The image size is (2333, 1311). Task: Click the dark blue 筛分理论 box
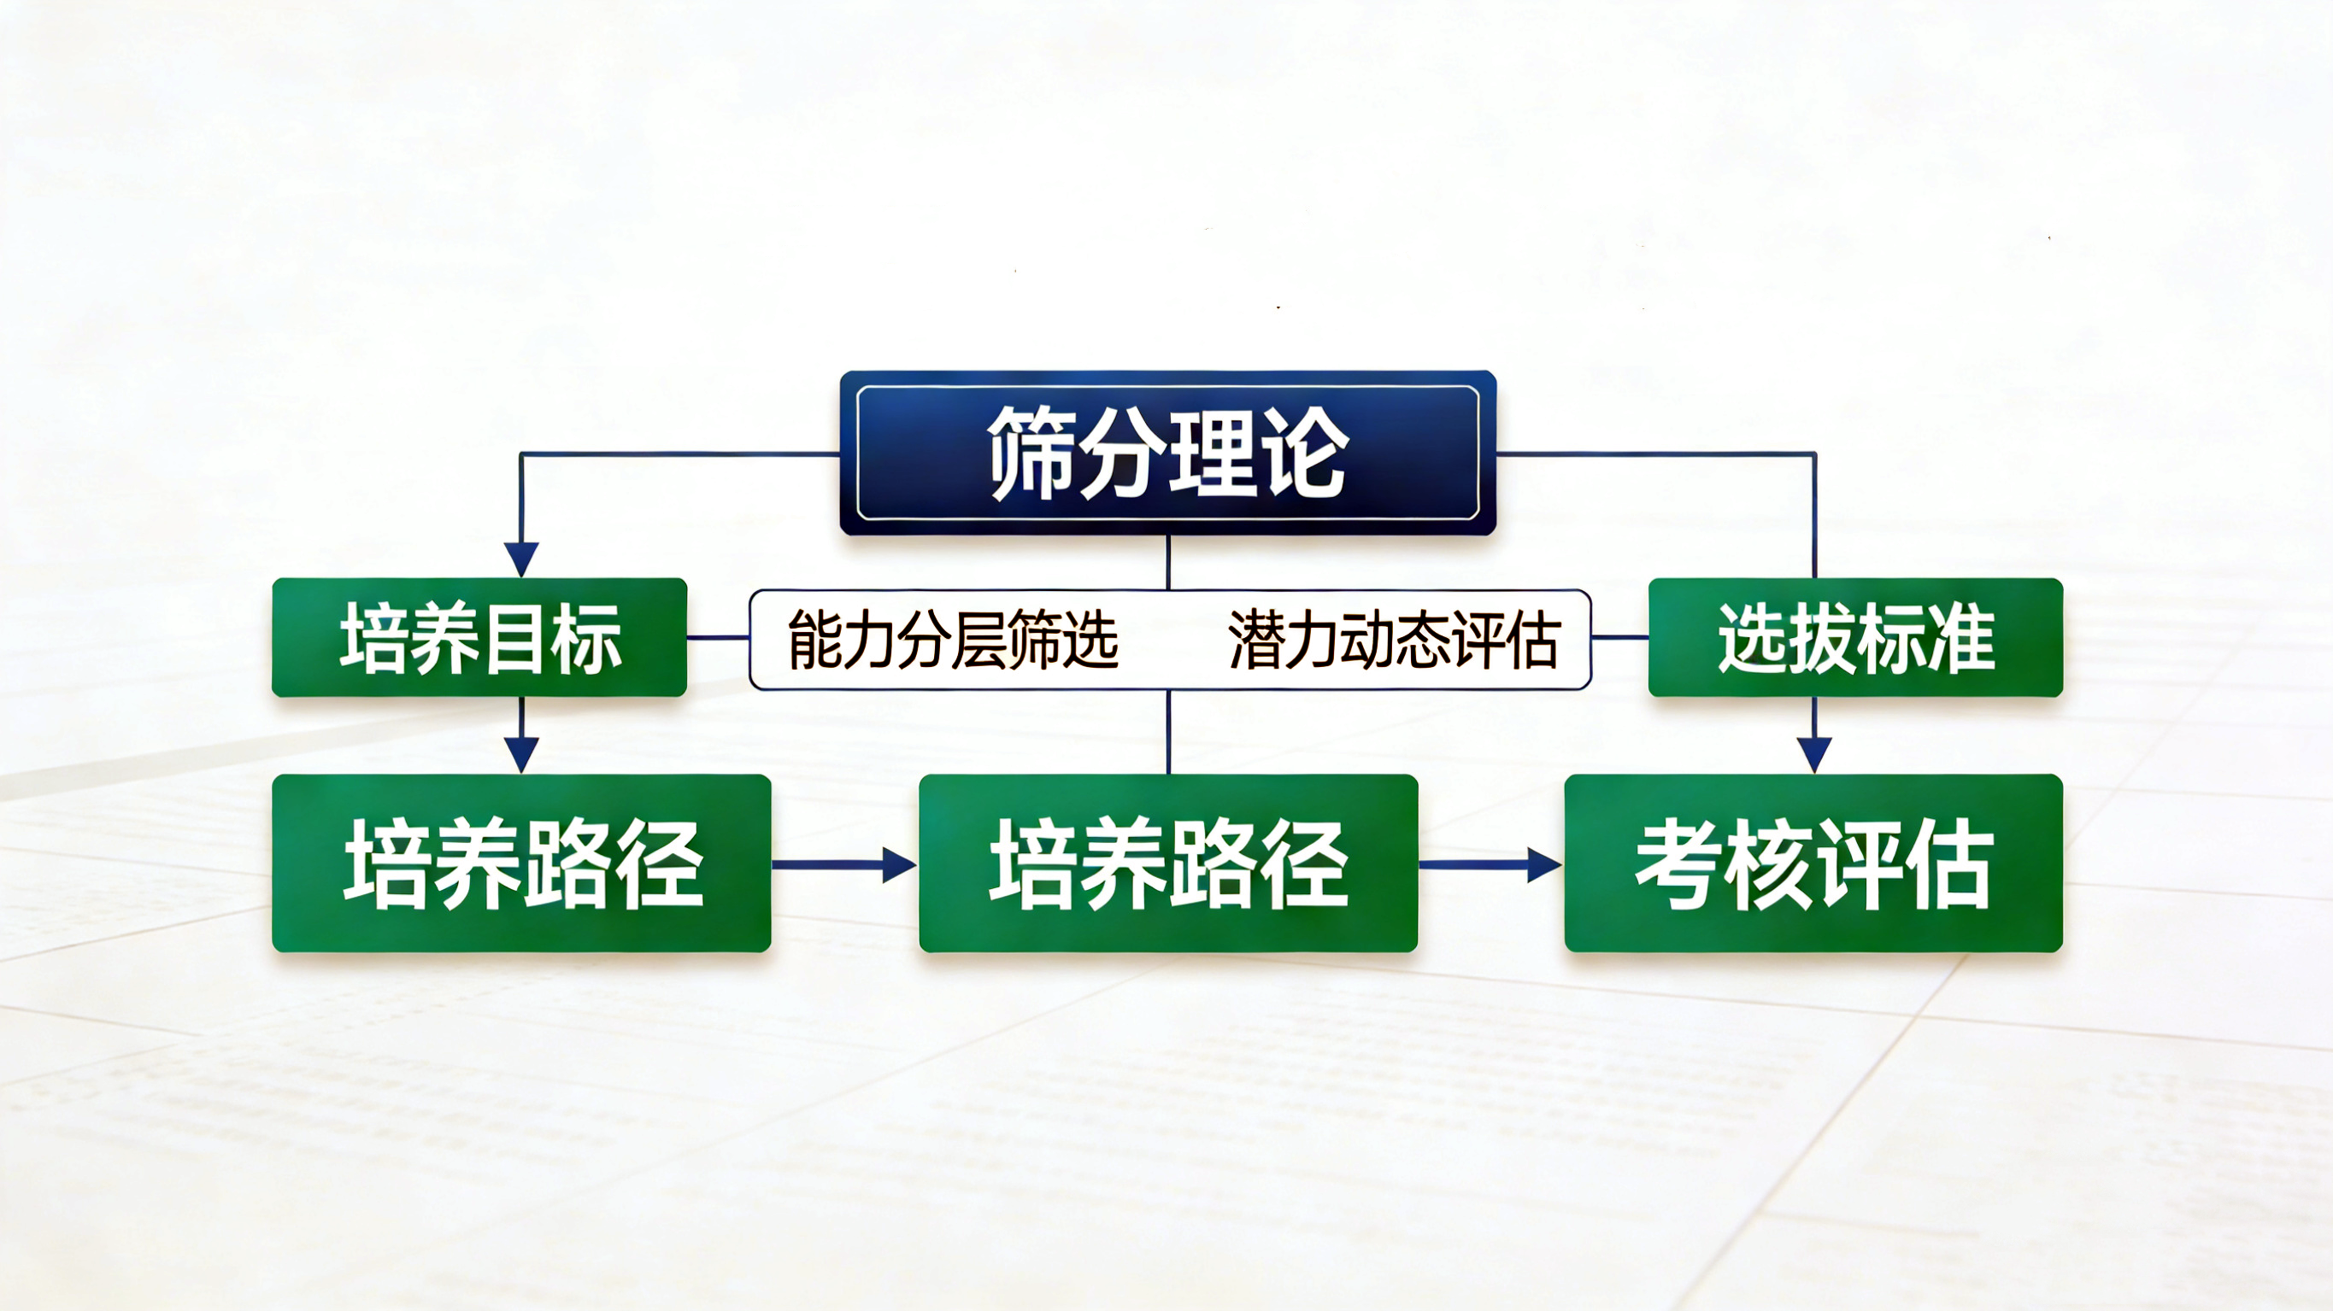point(1167,453)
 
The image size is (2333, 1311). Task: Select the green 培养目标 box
point(479,637)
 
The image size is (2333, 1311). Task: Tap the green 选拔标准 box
point(1855,637)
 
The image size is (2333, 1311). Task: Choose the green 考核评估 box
point(1814,863)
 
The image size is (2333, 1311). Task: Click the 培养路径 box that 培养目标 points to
point(521,863)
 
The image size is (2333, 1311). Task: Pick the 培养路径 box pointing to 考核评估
point(1168,863)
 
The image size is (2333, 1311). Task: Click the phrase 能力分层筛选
point(953,639)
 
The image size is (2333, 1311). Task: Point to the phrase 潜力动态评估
point(1394,639)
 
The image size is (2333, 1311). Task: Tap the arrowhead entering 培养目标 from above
point(520,559)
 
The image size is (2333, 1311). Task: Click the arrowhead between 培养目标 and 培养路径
point(520,755)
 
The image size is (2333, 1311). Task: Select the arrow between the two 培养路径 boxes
point(844,864)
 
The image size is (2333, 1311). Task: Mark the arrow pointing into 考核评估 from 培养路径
point(1490,864)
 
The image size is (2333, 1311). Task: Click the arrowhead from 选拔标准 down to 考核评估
point(1814,755)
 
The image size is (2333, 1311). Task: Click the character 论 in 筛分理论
point(1305,453)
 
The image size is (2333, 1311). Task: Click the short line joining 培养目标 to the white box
point(718,637)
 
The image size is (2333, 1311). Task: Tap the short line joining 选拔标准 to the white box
point(1620,637)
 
